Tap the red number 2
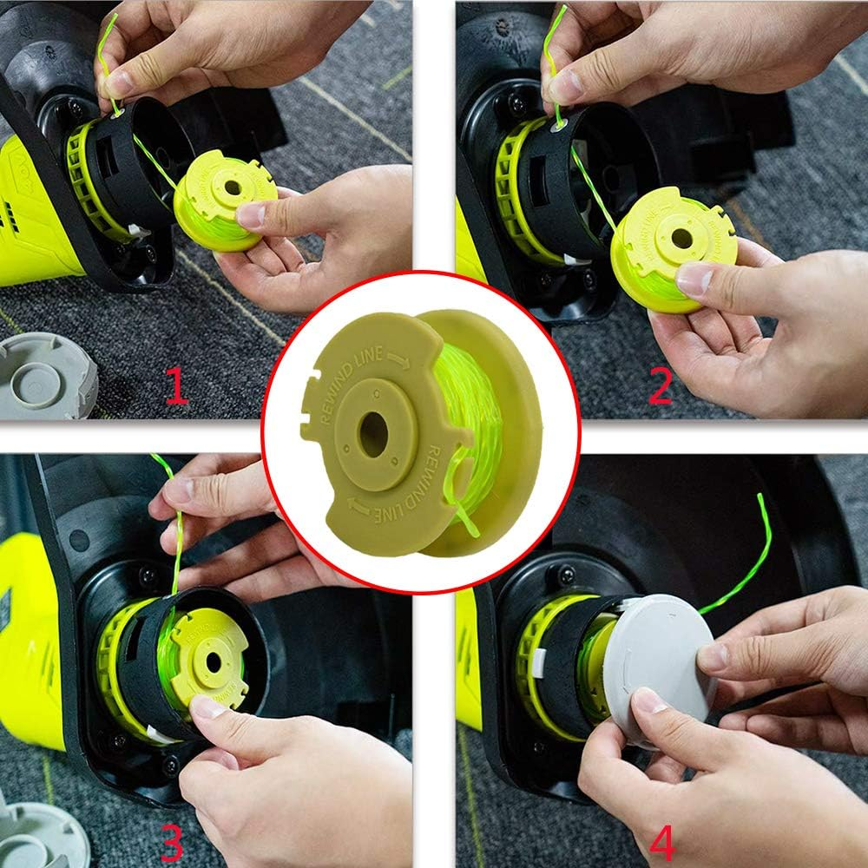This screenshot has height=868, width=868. [660, 386]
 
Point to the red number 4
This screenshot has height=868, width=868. [662, 839]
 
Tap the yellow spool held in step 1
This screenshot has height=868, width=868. [224, 201]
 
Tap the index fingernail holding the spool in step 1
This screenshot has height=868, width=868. [252, 215]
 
